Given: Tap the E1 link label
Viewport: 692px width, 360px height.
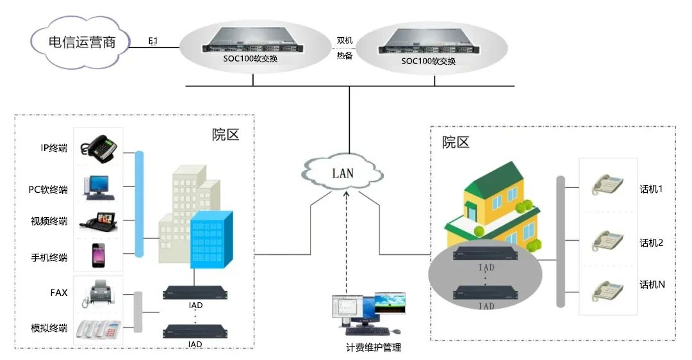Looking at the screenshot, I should [x=153, y=42].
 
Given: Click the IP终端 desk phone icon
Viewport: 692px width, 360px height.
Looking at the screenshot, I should [x=98, y=147].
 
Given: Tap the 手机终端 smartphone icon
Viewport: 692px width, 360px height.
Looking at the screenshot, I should [x=97, y=255].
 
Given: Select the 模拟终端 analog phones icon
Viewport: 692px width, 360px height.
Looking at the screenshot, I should [x=98, y=328].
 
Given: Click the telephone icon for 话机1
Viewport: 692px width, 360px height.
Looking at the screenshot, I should [x=607, y=184].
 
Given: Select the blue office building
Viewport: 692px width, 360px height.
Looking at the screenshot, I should [x=211, y=239].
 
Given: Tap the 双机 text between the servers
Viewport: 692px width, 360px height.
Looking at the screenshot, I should [x=345, y=40].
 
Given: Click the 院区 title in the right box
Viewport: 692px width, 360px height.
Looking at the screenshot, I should [x=456, y=142].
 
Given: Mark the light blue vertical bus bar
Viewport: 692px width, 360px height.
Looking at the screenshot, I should [x=139, y=204].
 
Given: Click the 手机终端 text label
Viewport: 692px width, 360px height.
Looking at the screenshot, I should [x=49, y=258].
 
